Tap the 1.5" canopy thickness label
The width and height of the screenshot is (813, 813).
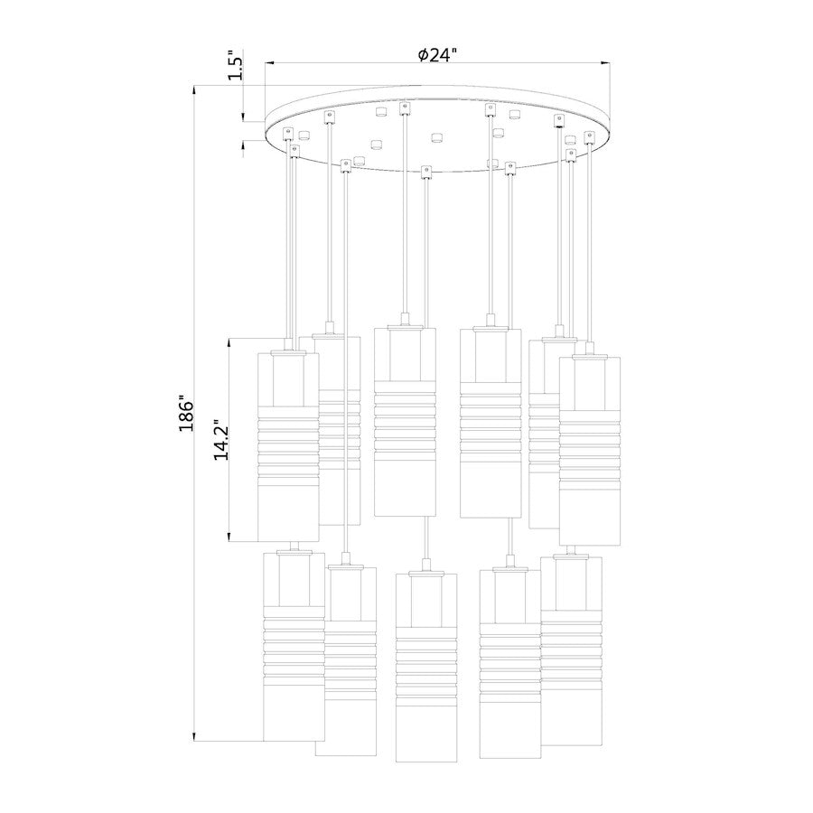(x=236, y=68)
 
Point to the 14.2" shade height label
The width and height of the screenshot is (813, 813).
(x=220, y=440)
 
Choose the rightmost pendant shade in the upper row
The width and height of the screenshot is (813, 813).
(x=589, y=452)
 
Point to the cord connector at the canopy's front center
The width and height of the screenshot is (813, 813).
(x=425, y=170)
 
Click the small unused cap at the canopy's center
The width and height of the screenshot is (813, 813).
(x=437, y=137)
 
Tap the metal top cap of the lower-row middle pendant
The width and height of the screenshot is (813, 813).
(x=426, y=570)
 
